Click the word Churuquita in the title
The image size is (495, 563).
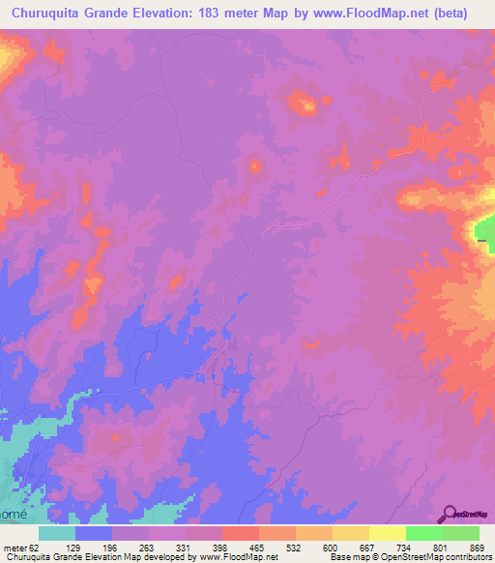pyautogui.click(x=55, y=15)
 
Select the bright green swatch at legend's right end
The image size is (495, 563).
pyautogui.click(x=460, y=533)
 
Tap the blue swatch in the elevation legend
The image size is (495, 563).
pyautogui.click(x=94, y=533)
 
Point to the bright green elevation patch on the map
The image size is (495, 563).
pyautogui.click(x=483, y=230)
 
